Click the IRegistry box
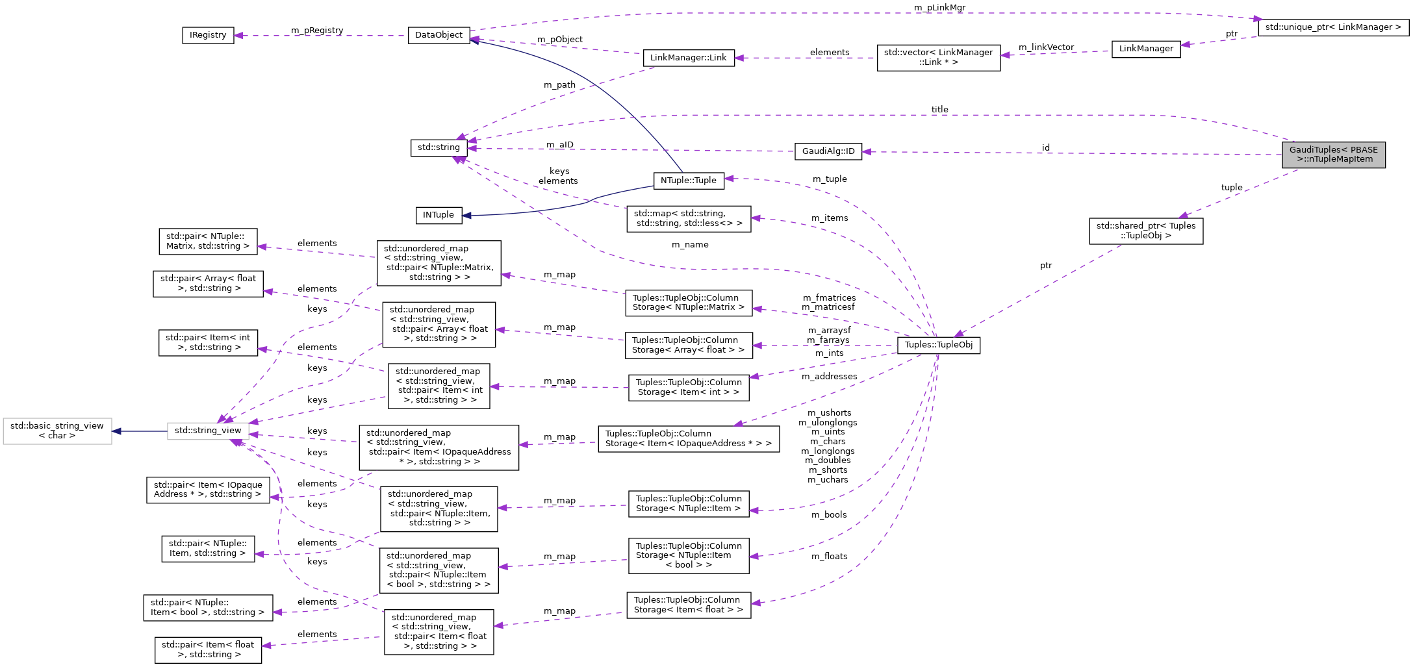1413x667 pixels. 208,35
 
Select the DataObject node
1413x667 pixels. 439,35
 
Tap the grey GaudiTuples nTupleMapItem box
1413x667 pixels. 1333,155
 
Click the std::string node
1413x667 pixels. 439,147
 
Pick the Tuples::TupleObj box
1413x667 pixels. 938,345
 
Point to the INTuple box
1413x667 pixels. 439,215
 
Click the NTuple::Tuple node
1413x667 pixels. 688,181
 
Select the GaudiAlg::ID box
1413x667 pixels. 828,151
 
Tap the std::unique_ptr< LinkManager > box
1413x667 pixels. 1333,27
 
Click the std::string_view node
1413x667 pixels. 208,431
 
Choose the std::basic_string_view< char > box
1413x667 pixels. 57,431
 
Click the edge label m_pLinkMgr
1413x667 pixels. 939,7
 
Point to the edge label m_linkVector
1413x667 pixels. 1046,47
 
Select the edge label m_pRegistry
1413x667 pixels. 317,30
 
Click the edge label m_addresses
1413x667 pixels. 829,376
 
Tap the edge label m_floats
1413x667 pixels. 829,556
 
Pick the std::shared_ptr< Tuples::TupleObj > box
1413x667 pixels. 1145,231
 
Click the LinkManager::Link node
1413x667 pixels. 688,58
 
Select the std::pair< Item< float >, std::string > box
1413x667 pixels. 208,649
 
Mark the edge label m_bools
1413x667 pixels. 829,514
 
